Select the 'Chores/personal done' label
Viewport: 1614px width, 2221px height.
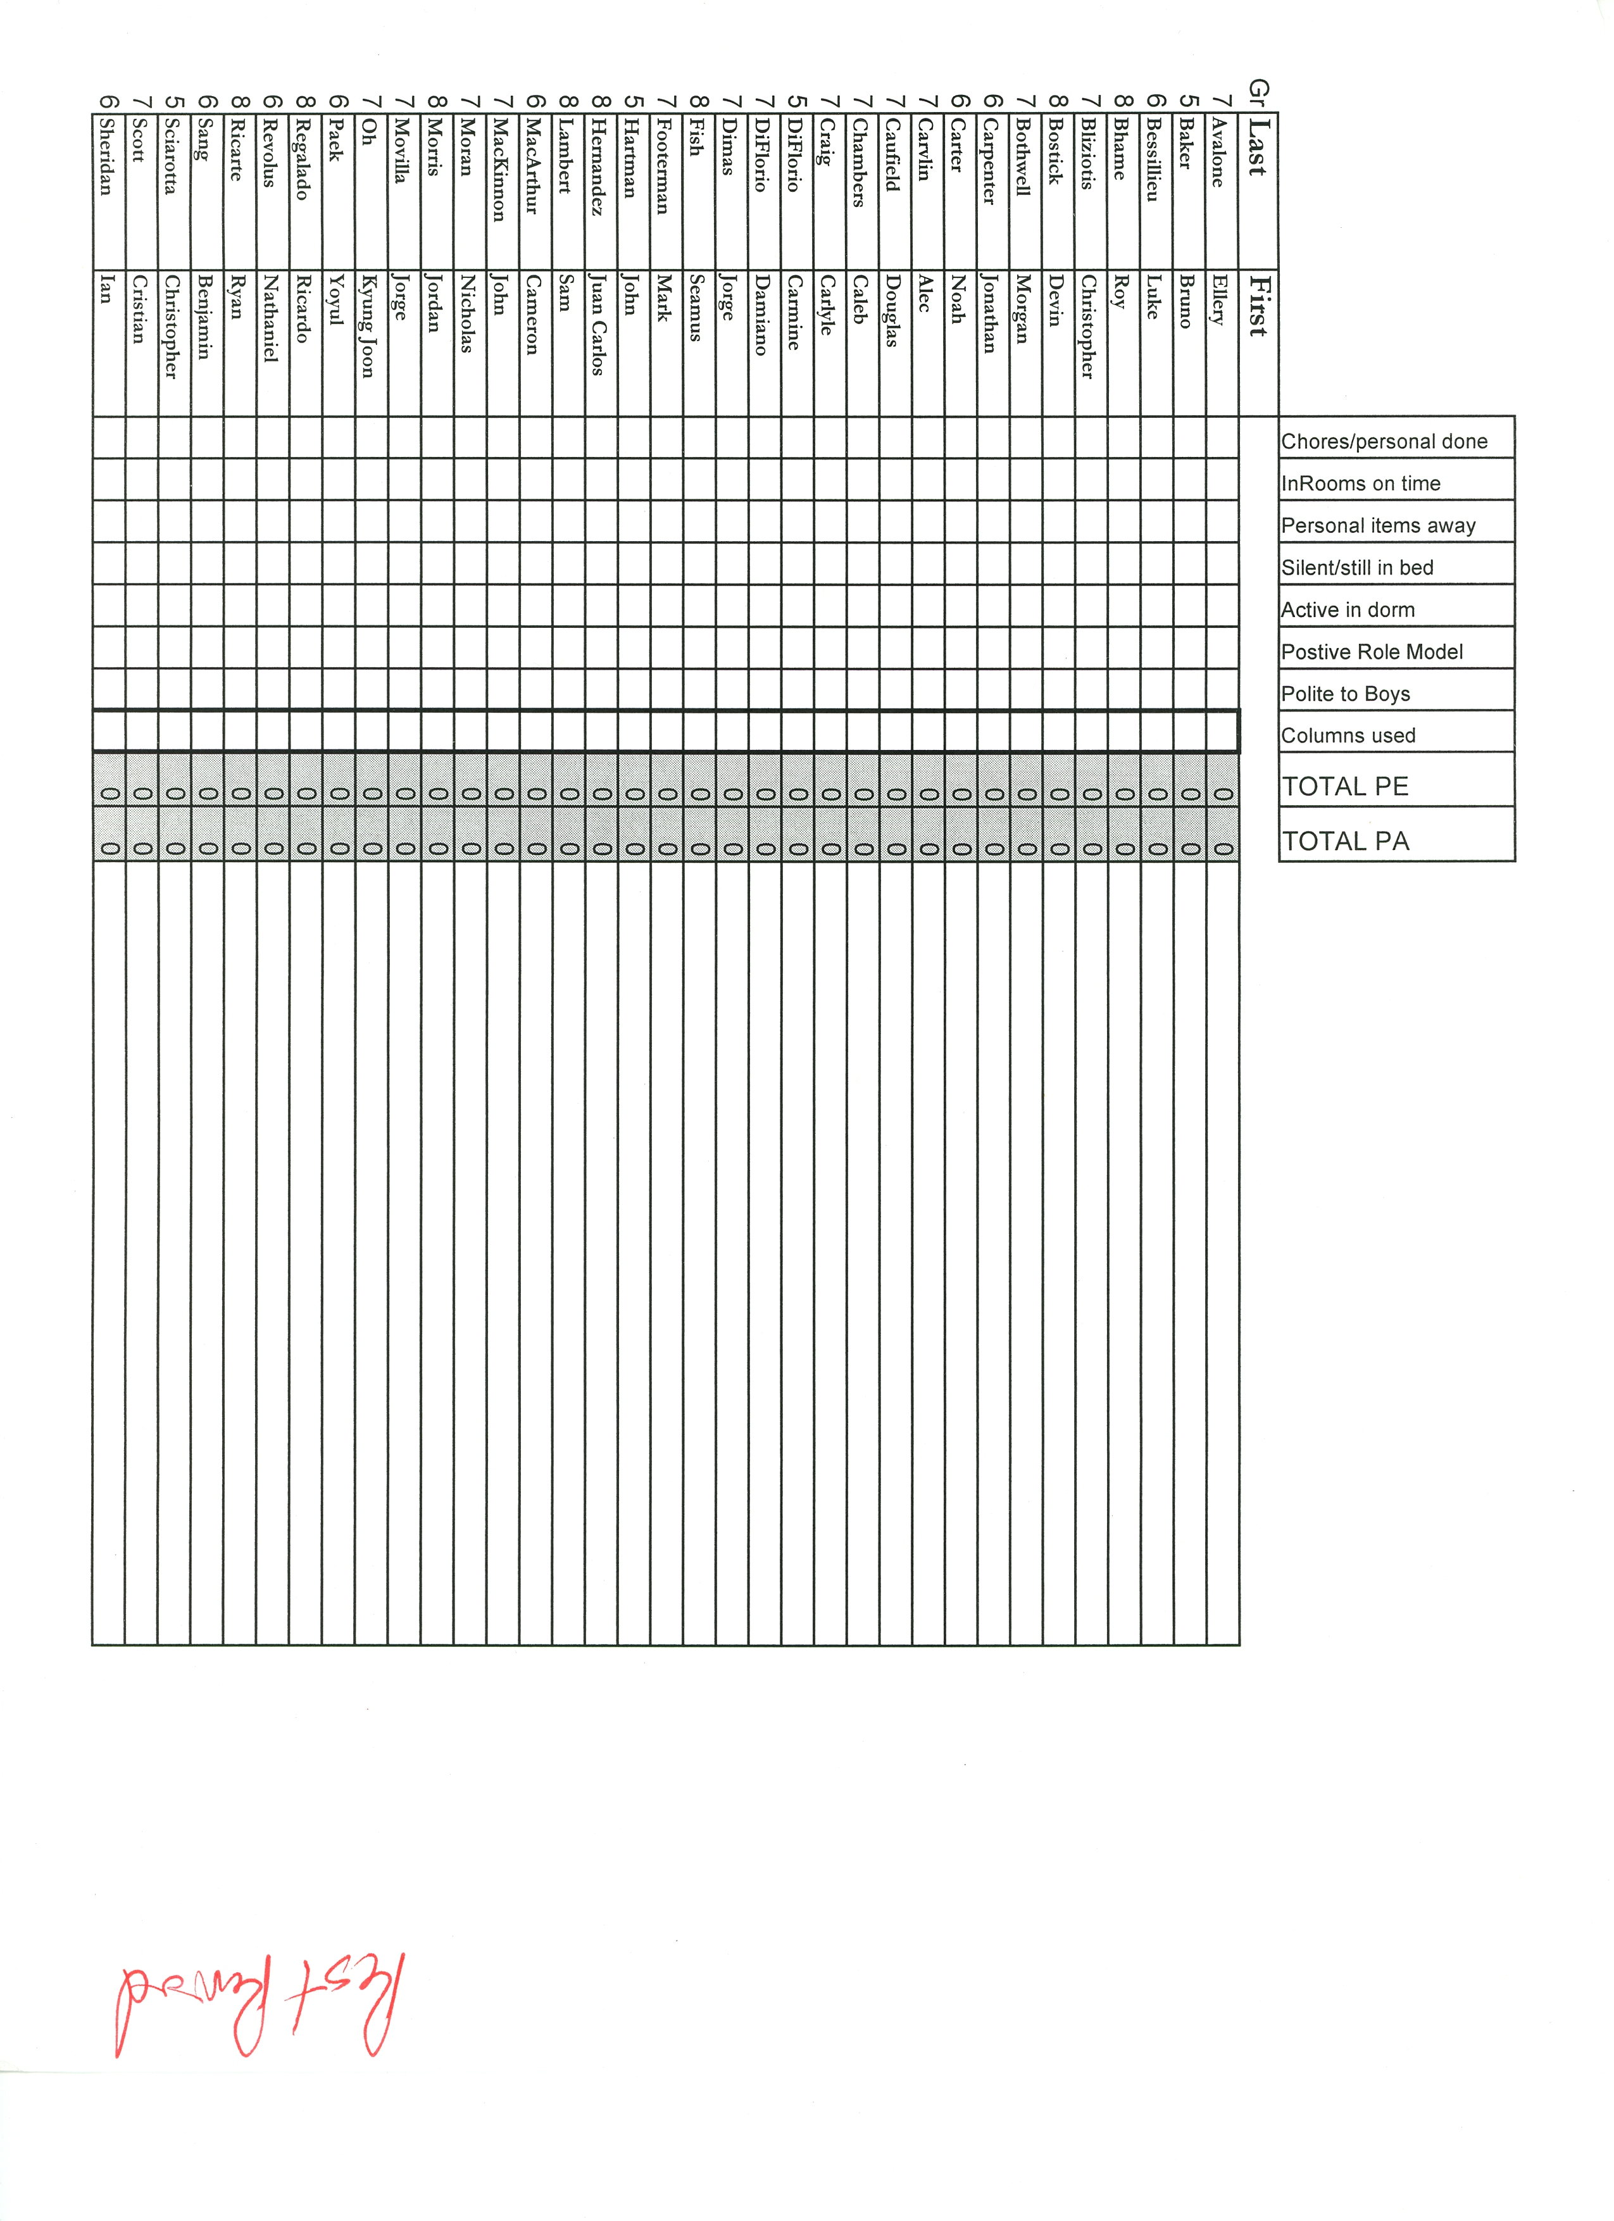click(1384, 442)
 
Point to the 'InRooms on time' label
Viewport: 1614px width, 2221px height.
click(1360, 484)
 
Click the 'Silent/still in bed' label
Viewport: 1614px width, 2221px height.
click(1358, 568)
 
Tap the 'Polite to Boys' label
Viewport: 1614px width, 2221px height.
click(1346, 694)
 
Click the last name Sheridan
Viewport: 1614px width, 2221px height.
click(107, 157)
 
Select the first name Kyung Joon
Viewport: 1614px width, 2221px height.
click(368, 326)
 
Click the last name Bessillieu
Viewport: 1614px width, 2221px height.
click(1153, 160)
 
